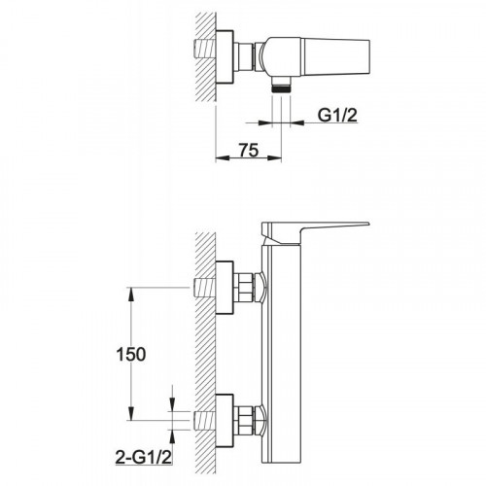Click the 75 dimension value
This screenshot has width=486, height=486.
point(249,150)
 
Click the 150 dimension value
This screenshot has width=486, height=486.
point(131,354)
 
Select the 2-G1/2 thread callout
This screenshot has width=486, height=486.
point(143,458)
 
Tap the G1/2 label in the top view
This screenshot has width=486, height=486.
point(337,115)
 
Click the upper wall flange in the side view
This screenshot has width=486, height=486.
point(225,287)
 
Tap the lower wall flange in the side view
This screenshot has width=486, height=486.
point(225,421)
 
